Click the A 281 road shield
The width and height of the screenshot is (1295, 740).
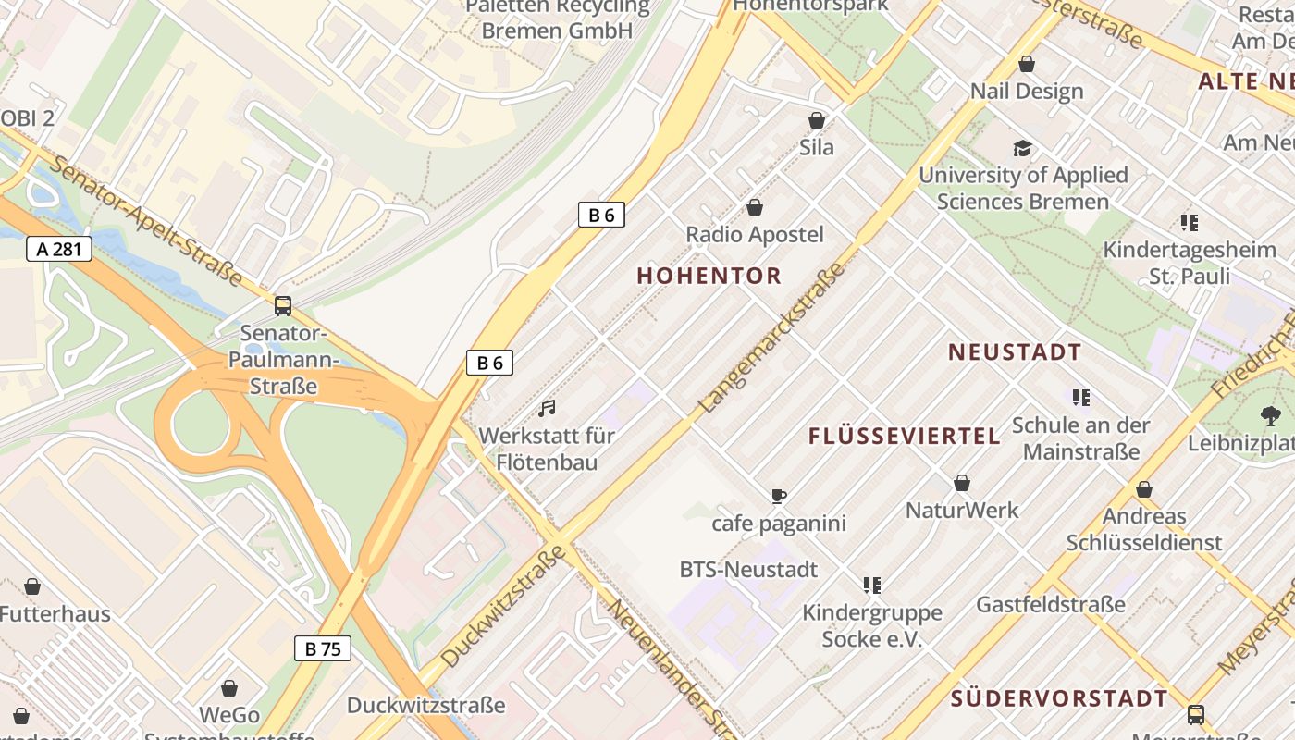pos(58,249)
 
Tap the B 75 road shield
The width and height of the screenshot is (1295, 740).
pos(323,648)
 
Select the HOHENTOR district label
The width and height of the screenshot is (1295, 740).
pos(709,276)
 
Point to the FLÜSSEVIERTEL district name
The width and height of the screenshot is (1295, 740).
pos(905,437)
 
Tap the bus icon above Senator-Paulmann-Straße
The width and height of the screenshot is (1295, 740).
pos(283,305)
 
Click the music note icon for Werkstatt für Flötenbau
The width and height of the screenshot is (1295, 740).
pos(548,408)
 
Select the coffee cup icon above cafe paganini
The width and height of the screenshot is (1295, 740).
pos(779,497)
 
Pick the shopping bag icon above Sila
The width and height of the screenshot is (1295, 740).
pos(817,120)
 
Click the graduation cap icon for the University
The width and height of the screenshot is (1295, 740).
pos(1022,148)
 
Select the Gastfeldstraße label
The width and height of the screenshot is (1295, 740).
pos(1051,605)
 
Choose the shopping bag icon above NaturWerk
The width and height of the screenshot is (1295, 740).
pos(962,483)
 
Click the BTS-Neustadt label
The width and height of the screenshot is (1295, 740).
pos(748,570)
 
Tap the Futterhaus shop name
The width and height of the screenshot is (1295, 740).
pos(55,614)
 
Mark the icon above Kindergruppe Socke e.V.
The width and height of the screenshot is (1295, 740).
pos(871,585)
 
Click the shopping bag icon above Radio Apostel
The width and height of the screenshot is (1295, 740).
pos(755,207)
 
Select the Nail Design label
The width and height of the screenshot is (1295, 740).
pos(1027,92)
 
